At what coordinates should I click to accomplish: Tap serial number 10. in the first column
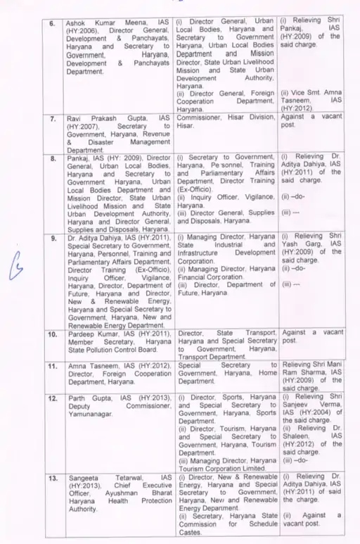pos(52,331)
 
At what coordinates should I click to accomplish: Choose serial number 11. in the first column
pos(52,366)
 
